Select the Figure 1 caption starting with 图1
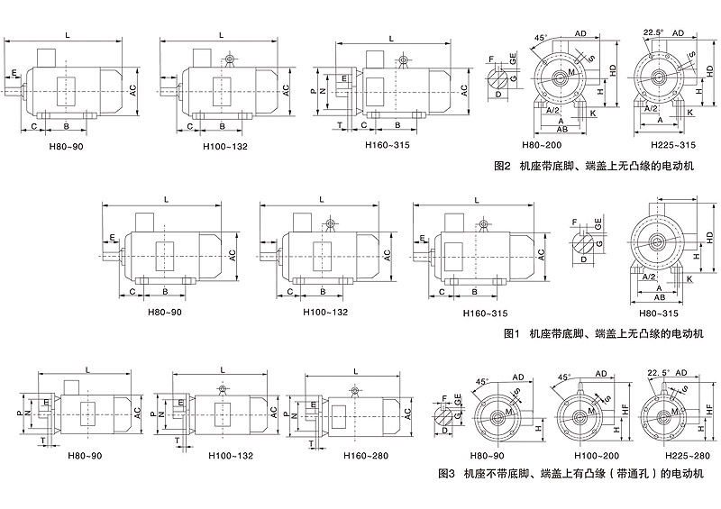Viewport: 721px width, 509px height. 604,333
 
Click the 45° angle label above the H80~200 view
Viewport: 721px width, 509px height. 538,37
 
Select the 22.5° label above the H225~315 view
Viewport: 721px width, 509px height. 653,32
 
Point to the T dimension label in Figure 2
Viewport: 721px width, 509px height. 339,124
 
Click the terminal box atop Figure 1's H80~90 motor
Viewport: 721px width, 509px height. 148,222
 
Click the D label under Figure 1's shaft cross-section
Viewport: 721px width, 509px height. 583,259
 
